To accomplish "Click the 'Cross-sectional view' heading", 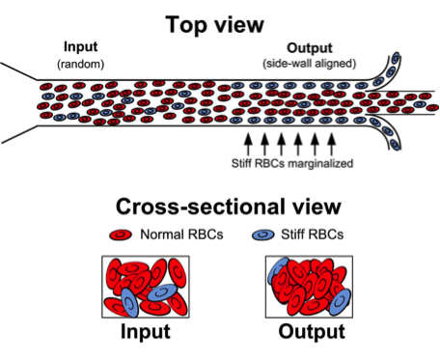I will tap(220, 208).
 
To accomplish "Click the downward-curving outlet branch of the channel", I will tap(390, 137).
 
